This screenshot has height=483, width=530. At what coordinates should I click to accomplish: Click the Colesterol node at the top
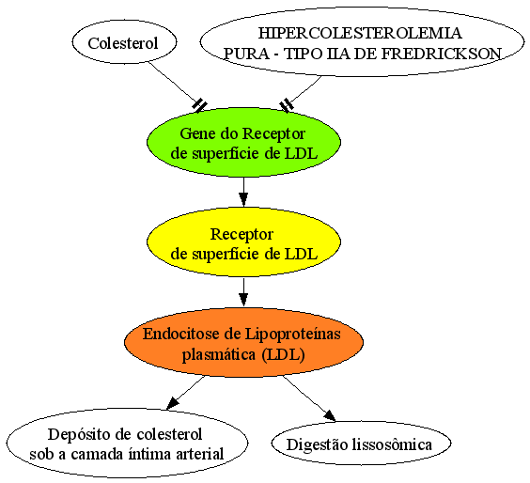coord(124,42)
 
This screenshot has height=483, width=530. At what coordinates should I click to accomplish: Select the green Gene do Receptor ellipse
coord(243,142)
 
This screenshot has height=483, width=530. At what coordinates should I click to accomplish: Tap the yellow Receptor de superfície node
coord(243,241)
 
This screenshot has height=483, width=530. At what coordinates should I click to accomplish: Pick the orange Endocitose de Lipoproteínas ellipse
coord(243,342)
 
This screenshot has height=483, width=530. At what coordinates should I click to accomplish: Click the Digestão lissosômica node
coord(361,443)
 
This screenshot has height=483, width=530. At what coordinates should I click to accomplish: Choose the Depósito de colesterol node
coord(127,443)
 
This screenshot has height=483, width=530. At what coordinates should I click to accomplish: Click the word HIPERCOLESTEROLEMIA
coord(360,33)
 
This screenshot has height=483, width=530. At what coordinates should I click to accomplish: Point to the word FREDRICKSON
coord(441,54)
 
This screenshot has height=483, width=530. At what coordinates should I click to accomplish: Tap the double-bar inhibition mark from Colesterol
coord(200,105)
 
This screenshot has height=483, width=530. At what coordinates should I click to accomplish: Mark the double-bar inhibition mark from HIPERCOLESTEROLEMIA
coord(287,105)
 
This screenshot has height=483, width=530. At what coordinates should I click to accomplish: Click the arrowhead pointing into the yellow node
coord(243,199)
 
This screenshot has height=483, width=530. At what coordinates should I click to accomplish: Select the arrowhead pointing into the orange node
coord(243,300)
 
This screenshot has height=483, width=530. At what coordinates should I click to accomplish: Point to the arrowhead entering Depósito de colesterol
coord(172,403)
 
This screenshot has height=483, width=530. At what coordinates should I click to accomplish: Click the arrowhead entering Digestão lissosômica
coord(330,416)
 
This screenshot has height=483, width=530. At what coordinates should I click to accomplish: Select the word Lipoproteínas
coord(292,335)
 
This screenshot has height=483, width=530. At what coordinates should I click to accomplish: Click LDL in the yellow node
coord(301,254)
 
